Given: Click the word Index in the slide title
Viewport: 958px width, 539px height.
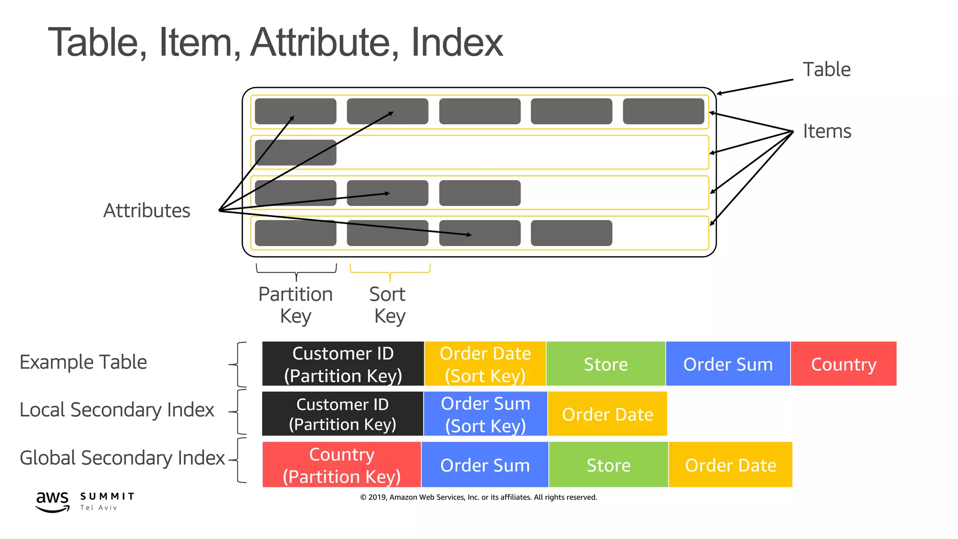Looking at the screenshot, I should [x=457, y=43].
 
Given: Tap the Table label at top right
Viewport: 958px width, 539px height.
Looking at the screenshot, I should [x=826, y=70].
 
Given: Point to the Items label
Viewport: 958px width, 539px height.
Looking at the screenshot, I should [x=827, y=131].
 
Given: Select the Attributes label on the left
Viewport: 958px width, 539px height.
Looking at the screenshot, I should [x=146, y=211].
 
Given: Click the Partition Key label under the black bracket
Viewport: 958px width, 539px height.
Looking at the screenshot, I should [x=296, y=305].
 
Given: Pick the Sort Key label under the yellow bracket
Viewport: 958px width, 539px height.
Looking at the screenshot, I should [x=388, y=305].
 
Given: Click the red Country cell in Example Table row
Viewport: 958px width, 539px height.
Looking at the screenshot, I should [x=843, y=364].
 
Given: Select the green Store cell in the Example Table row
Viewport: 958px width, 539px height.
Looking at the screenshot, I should [x=606, y=364].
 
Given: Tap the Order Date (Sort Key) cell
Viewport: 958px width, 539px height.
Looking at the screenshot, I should [x=485, y=364].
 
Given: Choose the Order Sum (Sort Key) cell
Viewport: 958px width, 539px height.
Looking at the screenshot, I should [x=485, y=414].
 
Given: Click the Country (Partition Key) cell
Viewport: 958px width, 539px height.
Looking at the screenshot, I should [x=341, y=465].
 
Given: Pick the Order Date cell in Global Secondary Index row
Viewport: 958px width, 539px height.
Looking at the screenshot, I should [x=730, y=465].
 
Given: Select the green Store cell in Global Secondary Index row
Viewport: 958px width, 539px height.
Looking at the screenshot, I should [x=609, y=465].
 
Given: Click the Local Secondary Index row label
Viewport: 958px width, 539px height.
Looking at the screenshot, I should [x=116, y=410].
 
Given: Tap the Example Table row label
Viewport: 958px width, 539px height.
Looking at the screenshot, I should [x=83, y=362].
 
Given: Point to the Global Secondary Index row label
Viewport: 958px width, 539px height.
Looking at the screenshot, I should [x=122, y=458].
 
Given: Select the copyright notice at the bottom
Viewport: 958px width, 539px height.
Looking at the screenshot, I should [x=479, y=497].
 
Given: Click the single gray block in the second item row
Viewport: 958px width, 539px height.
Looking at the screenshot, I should [x=296, y=153].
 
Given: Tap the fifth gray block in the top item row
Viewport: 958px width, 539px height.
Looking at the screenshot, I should [x=663, y=111].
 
